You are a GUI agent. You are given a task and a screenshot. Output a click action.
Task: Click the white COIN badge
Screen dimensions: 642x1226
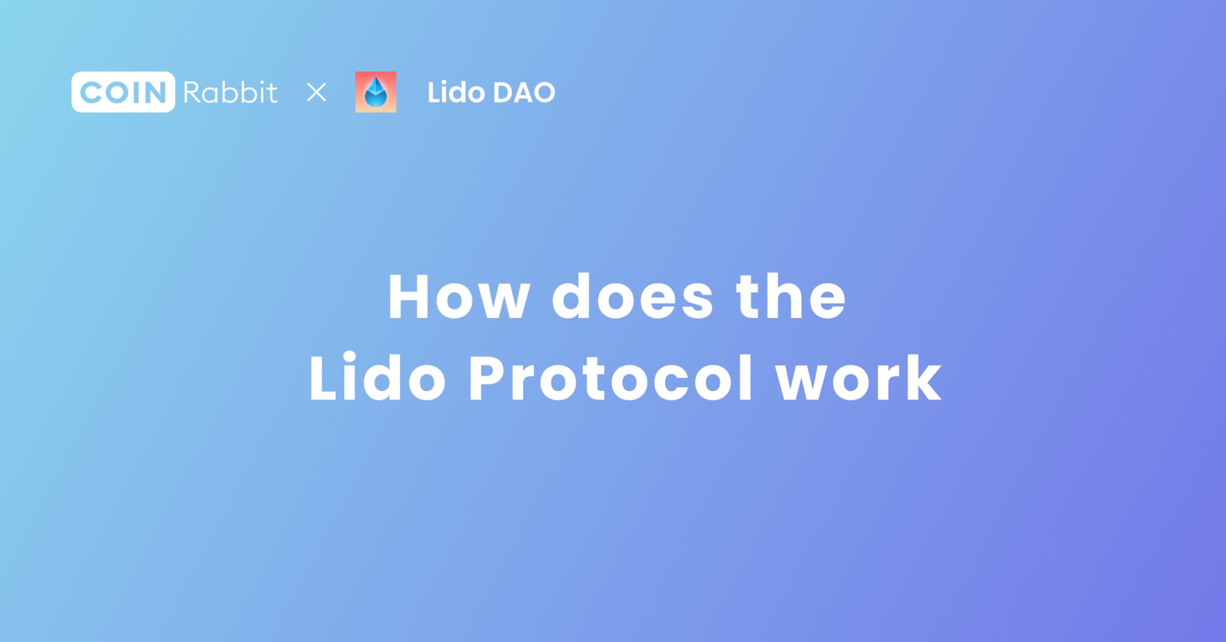click(123, 92)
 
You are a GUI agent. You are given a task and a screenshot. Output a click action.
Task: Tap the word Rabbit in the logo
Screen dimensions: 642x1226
click(230, 92)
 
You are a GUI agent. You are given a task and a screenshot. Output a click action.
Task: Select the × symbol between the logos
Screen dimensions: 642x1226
click(316, 92)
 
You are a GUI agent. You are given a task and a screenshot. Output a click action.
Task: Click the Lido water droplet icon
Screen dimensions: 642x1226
click(375, 92)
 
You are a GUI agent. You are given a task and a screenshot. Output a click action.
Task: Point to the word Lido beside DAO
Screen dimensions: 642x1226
click(456, 92)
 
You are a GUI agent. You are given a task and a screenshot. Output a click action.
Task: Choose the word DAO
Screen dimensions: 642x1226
click(524, 92)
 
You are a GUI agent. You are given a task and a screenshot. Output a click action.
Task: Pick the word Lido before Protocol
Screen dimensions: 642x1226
click(378, 378)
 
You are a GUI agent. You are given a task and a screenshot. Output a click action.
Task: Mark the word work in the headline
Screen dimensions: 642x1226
click(858, 378)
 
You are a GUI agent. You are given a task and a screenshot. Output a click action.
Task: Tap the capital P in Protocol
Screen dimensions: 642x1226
click(490, 378)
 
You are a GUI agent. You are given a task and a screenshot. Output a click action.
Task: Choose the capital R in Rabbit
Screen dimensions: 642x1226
click(193, 92)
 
